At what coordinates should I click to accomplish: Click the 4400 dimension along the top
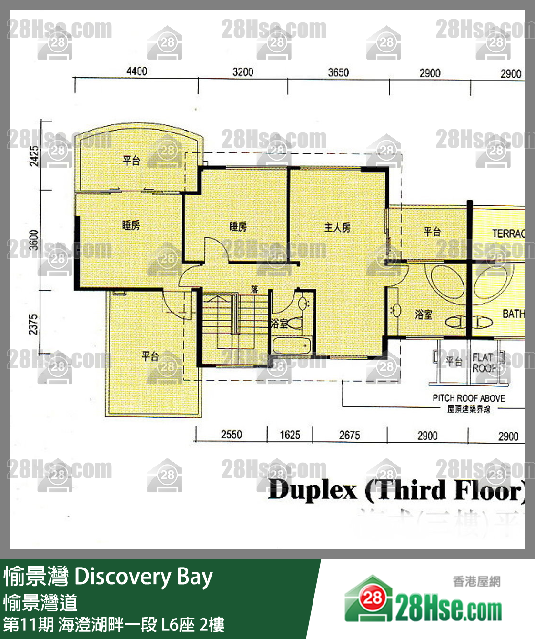tap(137, 71)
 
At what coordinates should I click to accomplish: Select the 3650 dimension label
tap(338, 72)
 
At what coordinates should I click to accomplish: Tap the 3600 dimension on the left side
tap(33, 239)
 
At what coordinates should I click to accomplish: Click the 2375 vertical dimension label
tap(33, 324)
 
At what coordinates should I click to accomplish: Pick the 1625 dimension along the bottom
tap(290, 435)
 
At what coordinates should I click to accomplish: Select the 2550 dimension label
tap(231, 434)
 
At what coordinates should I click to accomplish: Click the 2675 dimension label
tap(349, 435)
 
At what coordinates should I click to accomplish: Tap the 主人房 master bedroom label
tap(337, 228)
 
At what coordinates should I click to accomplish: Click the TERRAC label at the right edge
tap(508, 233)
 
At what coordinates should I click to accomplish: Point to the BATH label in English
tap(514, 314)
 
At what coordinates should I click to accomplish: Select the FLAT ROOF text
tap(484, 363)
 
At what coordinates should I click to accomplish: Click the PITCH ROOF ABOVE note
tap(468, 398)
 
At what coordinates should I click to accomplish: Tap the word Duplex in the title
tap(312, 490)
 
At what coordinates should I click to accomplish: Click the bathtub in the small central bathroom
tap(292, 345)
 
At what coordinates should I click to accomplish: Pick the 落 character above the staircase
tap(254, 289)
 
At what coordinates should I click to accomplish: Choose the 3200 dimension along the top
tap(242, 72)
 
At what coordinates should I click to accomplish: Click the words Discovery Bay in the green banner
tap(143, 577)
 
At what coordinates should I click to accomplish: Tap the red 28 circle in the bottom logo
tap(373, 598)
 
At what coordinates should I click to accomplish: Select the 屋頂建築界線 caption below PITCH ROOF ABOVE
tap(468, 409)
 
